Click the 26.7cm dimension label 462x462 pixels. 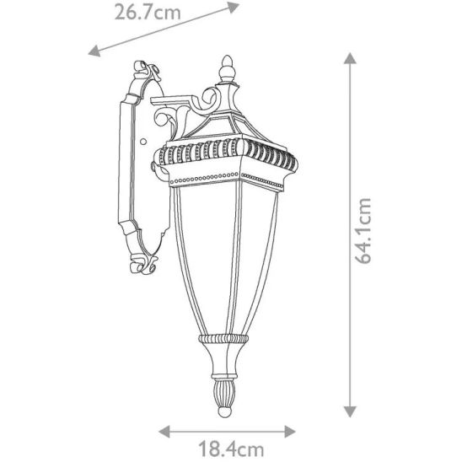point(148,13)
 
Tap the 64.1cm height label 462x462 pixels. point(363,231)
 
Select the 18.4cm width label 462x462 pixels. point(231,449)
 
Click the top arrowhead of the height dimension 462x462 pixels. point(350,58)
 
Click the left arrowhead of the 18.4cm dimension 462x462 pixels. point(164,432)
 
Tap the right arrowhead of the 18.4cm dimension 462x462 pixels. point(290,432)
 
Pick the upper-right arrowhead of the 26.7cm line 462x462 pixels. point(234,7)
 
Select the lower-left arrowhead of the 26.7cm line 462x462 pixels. point(94,51)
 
